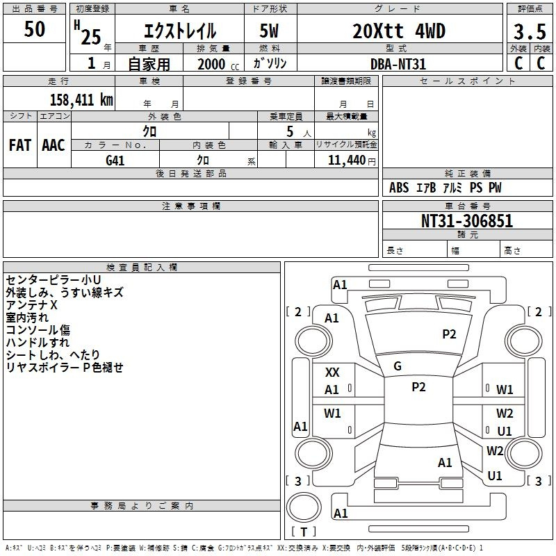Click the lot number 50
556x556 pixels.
click(x=35, y=30)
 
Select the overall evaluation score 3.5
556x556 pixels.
click(x=530, y=33)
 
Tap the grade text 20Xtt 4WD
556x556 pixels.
click(x=399, y=31)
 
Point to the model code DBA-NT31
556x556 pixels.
click(x=398, y=64)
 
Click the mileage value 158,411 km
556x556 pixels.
click(x=81, y=100)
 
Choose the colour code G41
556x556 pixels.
click(x=115, y=160)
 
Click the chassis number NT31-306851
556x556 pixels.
click(x=467, y=221)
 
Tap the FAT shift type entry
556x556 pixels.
click(x=19, y=145)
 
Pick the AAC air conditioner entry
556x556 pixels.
click(x=54, y=145)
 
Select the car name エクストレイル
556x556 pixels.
click(x=180, y=31)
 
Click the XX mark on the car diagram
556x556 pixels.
click(x=332, y=373)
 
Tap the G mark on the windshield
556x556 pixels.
click(x=398, y=366)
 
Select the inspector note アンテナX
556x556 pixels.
click(x=31, y=305)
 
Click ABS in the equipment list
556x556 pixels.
click(x=399, y=188)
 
